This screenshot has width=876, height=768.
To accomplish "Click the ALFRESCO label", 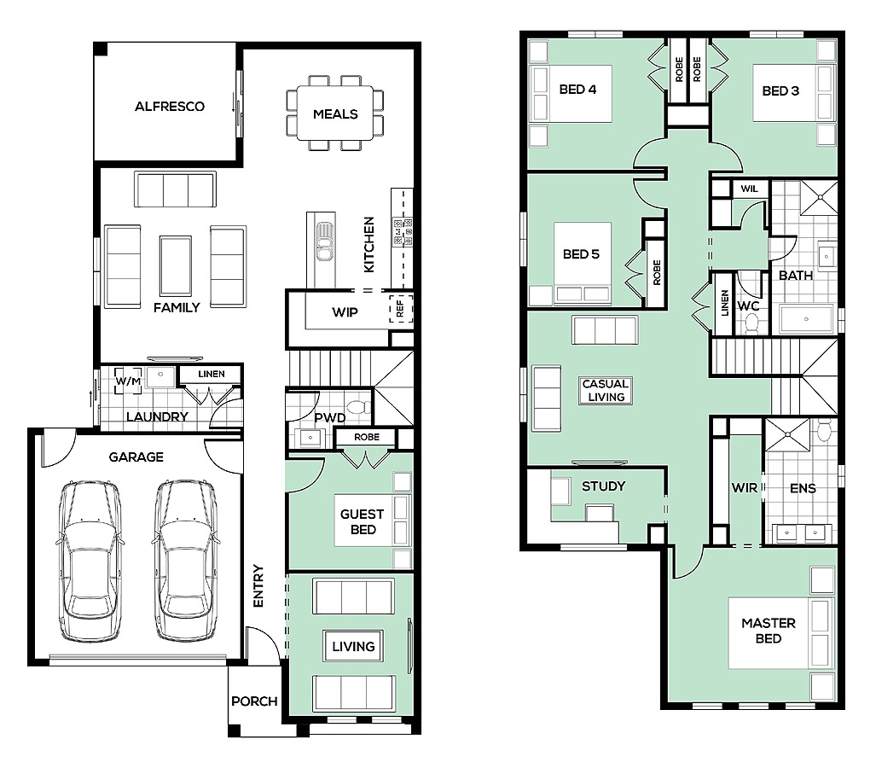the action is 169,106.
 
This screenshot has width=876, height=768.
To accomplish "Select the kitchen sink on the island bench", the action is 324,241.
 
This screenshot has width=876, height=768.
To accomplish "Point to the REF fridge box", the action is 401,309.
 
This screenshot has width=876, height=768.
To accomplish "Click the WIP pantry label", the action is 345,312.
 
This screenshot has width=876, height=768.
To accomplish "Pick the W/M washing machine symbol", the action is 128,381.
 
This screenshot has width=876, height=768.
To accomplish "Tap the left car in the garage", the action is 90,561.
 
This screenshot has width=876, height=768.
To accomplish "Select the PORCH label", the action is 254,701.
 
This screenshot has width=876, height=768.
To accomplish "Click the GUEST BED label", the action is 362,521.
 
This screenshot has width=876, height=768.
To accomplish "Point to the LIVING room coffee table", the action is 354,646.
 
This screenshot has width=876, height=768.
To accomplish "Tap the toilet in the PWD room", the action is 358,406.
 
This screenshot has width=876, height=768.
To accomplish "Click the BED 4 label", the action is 577,90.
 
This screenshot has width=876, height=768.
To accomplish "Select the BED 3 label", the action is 780,90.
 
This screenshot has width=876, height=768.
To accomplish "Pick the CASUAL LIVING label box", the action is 606,390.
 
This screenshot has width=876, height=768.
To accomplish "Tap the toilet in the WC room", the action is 752,323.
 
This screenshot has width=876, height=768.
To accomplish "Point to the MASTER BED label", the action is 769,631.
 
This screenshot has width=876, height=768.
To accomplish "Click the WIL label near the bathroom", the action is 749,189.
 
